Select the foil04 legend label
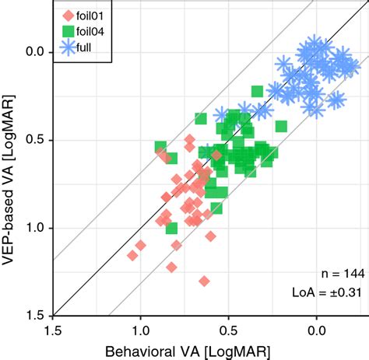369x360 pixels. (x=94, y=33)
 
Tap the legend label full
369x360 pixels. (x=86, y=51)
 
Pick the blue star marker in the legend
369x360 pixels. (x=67, y=51)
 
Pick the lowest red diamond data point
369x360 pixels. (x=204, y=281)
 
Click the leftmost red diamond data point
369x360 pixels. (x=132, y=255)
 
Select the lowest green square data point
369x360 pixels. (x=172, y=228)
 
